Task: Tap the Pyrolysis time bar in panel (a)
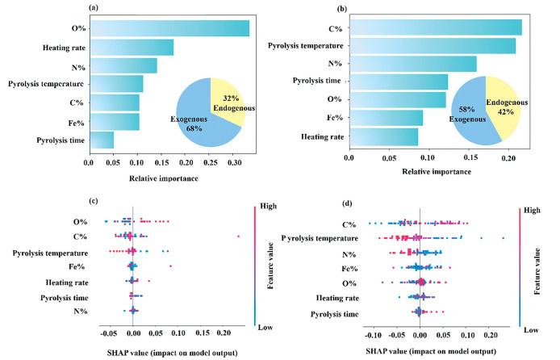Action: click(102, 140)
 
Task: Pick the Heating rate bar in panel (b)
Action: click(383, 137)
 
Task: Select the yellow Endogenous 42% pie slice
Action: click(501, 106)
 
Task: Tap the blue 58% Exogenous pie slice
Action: click(473, 121)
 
